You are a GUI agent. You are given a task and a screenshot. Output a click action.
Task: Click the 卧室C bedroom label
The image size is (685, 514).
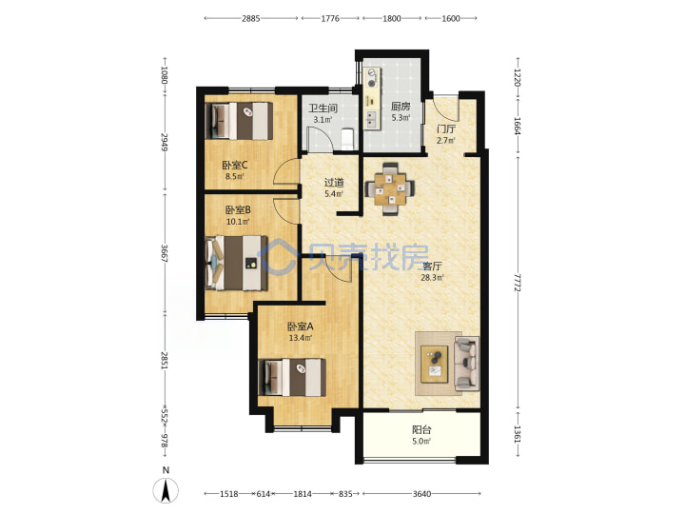235,166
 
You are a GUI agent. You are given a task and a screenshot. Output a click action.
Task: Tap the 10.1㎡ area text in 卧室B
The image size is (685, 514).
238,222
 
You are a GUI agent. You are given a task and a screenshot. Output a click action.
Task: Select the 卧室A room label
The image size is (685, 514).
301,326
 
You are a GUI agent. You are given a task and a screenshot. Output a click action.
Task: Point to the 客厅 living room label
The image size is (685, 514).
432,267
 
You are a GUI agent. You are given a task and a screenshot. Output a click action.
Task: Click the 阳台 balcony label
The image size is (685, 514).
421,430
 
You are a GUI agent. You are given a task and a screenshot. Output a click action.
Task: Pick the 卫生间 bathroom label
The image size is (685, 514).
323,108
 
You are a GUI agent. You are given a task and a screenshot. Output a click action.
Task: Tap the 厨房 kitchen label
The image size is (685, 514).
401,107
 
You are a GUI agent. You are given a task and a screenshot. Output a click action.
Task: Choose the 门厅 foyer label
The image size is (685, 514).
446,128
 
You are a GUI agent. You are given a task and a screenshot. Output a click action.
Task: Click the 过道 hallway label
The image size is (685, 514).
334,182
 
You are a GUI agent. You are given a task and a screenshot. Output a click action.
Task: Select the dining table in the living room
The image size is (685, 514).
391,188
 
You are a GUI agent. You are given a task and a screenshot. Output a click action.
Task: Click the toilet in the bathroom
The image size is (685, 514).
348,137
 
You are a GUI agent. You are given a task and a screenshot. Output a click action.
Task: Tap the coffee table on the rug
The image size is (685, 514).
435,364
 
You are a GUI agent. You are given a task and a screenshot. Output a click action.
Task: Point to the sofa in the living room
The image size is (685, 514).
466,364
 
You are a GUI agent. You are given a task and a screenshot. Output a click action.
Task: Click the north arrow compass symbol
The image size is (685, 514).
166,489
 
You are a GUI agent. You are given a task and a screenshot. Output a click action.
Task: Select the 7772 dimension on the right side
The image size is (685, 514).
518,283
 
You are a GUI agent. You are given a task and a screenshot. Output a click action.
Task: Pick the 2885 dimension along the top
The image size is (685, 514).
251,18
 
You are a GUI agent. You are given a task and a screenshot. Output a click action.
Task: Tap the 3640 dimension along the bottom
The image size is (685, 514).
421,494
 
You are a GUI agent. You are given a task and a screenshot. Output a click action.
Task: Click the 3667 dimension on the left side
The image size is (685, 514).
165,253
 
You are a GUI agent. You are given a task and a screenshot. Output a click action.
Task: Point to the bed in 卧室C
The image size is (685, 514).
239,121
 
